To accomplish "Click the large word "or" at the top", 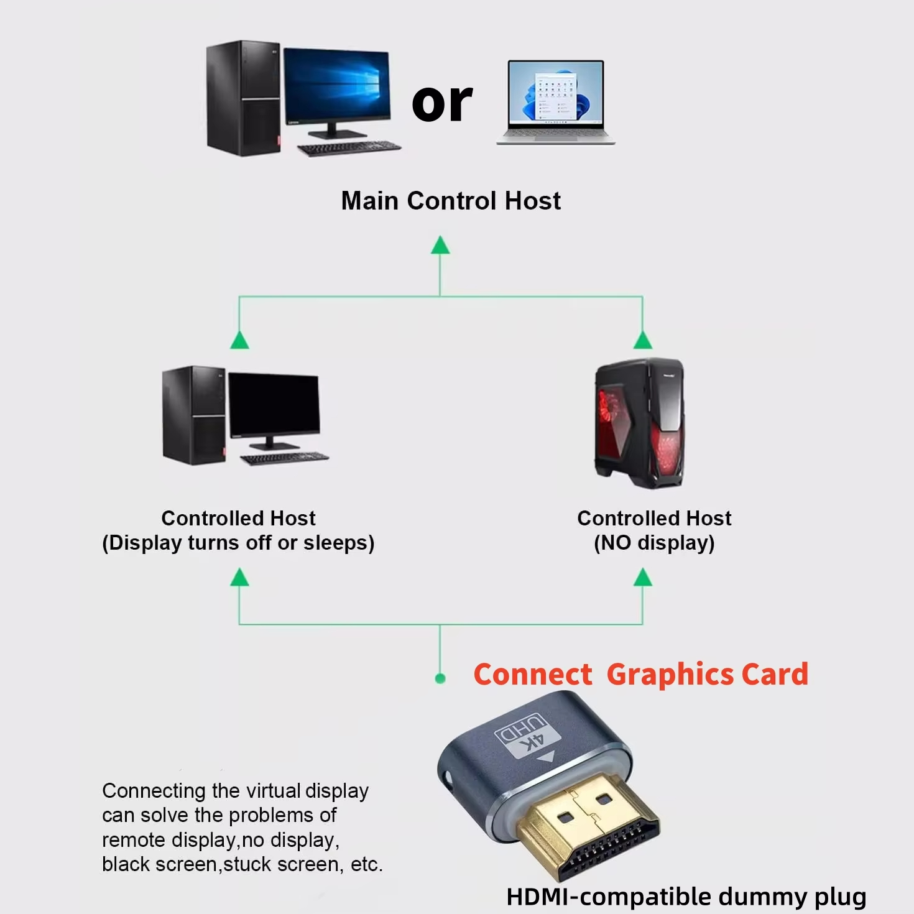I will click(442, 103).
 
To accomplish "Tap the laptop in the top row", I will click(556, 103).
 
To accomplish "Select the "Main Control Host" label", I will click(451, 201).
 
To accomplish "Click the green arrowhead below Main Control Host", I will click(440, 246).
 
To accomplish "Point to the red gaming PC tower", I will click(640, 423).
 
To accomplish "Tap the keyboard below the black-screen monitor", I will click(285, 459).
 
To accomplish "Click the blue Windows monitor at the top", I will click(336, 87).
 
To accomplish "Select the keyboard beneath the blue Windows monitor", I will click(349, 149).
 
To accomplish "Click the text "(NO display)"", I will click(654, 543).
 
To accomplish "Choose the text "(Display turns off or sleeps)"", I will click(238, 543).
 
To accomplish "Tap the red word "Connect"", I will click(533, 675).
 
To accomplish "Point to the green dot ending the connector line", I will click(440, 678).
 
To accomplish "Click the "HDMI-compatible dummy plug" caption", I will click(686, 897).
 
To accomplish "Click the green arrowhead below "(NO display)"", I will click(642, 578).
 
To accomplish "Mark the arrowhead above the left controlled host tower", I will click(239, 340).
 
